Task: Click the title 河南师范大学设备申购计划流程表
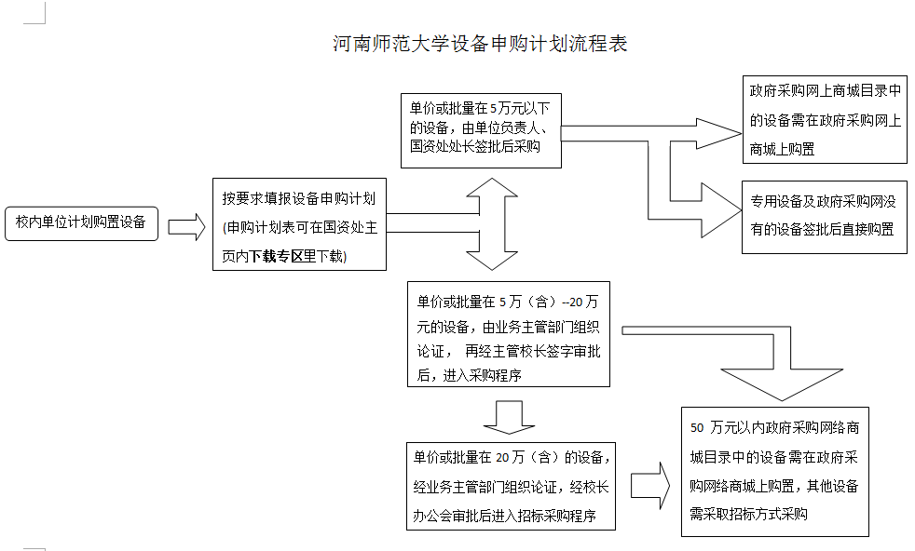(480, 44)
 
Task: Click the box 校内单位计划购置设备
(81, 222)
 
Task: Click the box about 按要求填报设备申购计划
(299, 224)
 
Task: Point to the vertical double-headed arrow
(492, 224)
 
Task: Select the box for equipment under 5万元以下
(481, 129)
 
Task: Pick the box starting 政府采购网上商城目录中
(825, 120)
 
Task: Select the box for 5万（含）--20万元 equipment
(509, 334)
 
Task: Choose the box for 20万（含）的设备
(511, 486)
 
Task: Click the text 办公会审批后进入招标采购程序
(505, 516)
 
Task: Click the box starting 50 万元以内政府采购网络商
(774, 471)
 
